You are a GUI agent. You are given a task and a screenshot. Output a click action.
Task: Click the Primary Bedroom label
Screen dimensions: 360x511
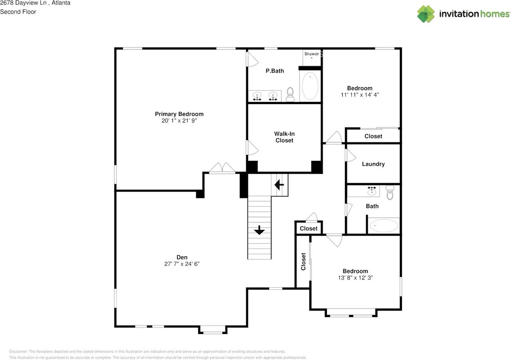[179, 114]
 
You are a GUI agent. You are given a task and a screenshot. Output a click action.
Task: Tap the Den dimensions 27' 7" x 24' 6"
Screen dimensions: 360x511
[182, 264]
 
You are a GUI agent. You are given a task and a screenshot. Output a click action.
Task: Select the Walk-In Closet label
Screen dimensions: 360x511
[284, 137]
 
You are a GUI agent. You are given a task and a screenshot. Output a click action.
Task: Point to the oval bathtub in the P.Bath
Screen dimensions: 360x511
[310, 86]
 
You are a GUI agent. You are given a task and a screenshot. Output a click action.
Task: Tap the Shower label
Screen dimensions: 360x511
[312, 54]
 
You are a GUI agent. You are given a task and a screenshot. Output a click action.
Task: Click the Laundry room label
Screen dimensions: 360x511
[373, 164]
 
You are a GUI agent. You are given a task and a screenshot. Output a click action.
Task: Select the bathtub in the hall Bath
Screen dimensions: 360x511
[384, 225]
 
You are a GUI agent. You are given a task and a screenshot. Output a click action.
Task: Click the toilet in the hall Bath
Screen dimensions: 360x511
[390, 193]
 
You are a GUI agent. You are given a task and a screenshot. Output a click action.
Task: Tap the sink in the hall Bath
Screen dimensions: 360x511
[372, 191]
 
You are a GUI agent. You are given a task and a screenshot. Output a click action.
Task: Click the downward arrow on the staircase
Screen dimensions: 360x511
[259, 230]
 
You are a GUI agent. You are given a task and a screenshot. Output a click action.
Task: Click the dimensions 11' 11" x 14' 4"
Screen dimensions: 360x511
[360, 95]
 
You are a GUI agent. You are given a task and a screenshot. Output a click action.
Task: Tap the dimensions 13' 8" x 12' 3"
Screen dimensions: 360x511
[355, 278]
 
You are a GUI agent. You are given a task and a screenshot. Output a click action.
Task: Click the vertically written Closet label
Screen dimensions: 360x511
[303, 261]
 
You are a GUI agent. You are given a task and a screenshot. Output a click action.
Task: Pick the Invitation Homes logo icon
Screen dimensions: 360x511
[426, 14]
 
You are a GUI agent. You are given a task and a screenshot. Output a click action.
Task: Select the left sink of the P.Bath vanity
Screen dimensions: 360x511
[257, 96]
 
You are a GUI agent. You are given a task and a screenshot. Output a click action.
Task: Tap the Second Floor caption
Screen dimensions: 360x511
[18, 12]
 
